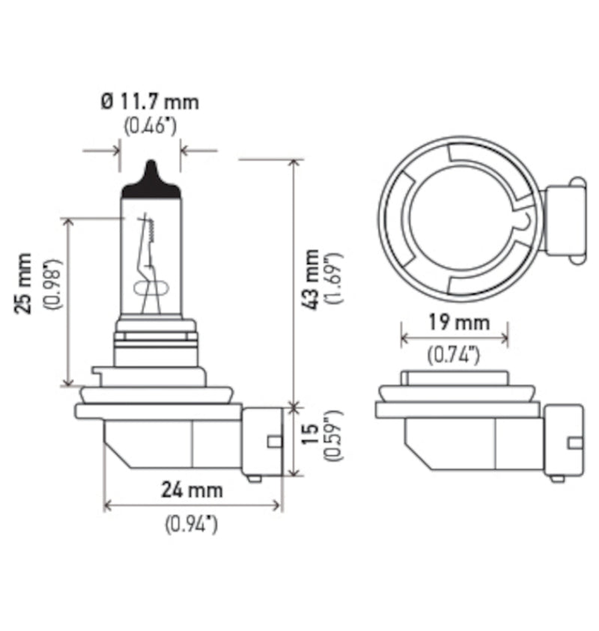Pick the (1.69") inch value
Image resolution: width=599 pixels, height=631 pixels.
click(334, 278)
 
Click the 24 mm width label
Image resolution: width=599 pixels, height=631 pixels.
click(192, 490)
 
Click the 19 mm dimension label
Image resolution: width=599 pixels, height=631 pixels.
click(454, 323)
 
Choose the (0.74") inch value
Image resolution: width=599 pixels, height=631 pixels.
click(454, 356)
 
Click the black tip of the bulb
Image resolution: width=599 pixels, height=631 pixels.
click(150, 182)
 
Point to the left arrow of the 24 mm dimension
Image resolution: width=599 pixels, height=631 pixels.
click(107, 506)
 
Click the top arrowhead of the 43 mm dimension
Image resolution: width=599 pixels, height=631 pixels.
click(293, 162)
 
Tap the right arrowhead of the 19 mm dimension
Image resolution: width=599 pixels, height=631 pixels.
click(505, 338)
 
